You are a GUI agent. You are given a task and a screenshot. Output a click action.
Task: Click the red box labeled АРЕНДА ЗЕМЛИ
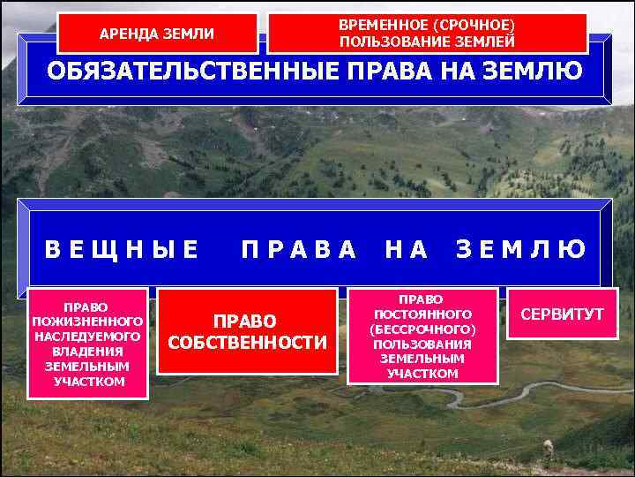click(x=157, y=34)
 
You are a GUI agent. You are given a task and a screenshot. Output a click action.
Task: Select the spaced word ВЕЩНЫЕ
click(x=122, y=250)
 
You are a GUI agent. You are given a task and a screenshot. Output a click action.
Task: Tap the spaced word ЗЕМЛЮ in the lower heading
click(x=520, y=250)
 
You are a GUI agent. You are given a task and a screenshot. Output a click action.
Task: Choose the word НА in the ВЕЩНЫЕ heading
click(x=406, y=250)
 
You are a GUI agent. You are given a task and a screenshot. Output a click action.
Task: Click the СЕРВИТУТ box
click(x=562, y=314)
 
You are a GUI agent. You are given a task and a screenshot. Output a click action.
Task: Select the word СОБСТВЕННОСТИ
click(x=247, y=342)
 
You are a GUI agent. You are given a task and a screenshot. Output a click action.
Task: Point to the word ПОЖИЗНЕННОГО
click(x=87, y=322)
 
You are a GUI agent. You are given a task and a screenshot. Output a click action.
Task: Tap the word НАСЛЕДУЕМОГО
click(x=87, y=337)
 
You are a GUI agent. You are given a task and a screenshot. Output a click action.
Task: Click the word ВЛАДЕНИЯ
click(x=87, y=351)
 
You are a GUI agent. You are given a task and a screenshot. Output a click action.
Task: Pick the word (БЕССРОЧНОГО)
click(x=422, y=329)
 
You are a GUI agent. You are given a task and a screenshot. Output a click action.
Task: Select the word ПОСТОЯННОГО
click(x=422, y=314)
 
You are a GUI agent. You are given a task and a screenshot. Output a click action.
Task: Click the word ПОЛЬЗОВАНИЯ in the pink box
click(x=422, y=344)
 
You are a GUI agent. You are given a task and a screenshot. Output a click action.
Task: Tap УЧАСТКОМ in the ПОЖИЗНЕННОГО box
click(x=87, y=381)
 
